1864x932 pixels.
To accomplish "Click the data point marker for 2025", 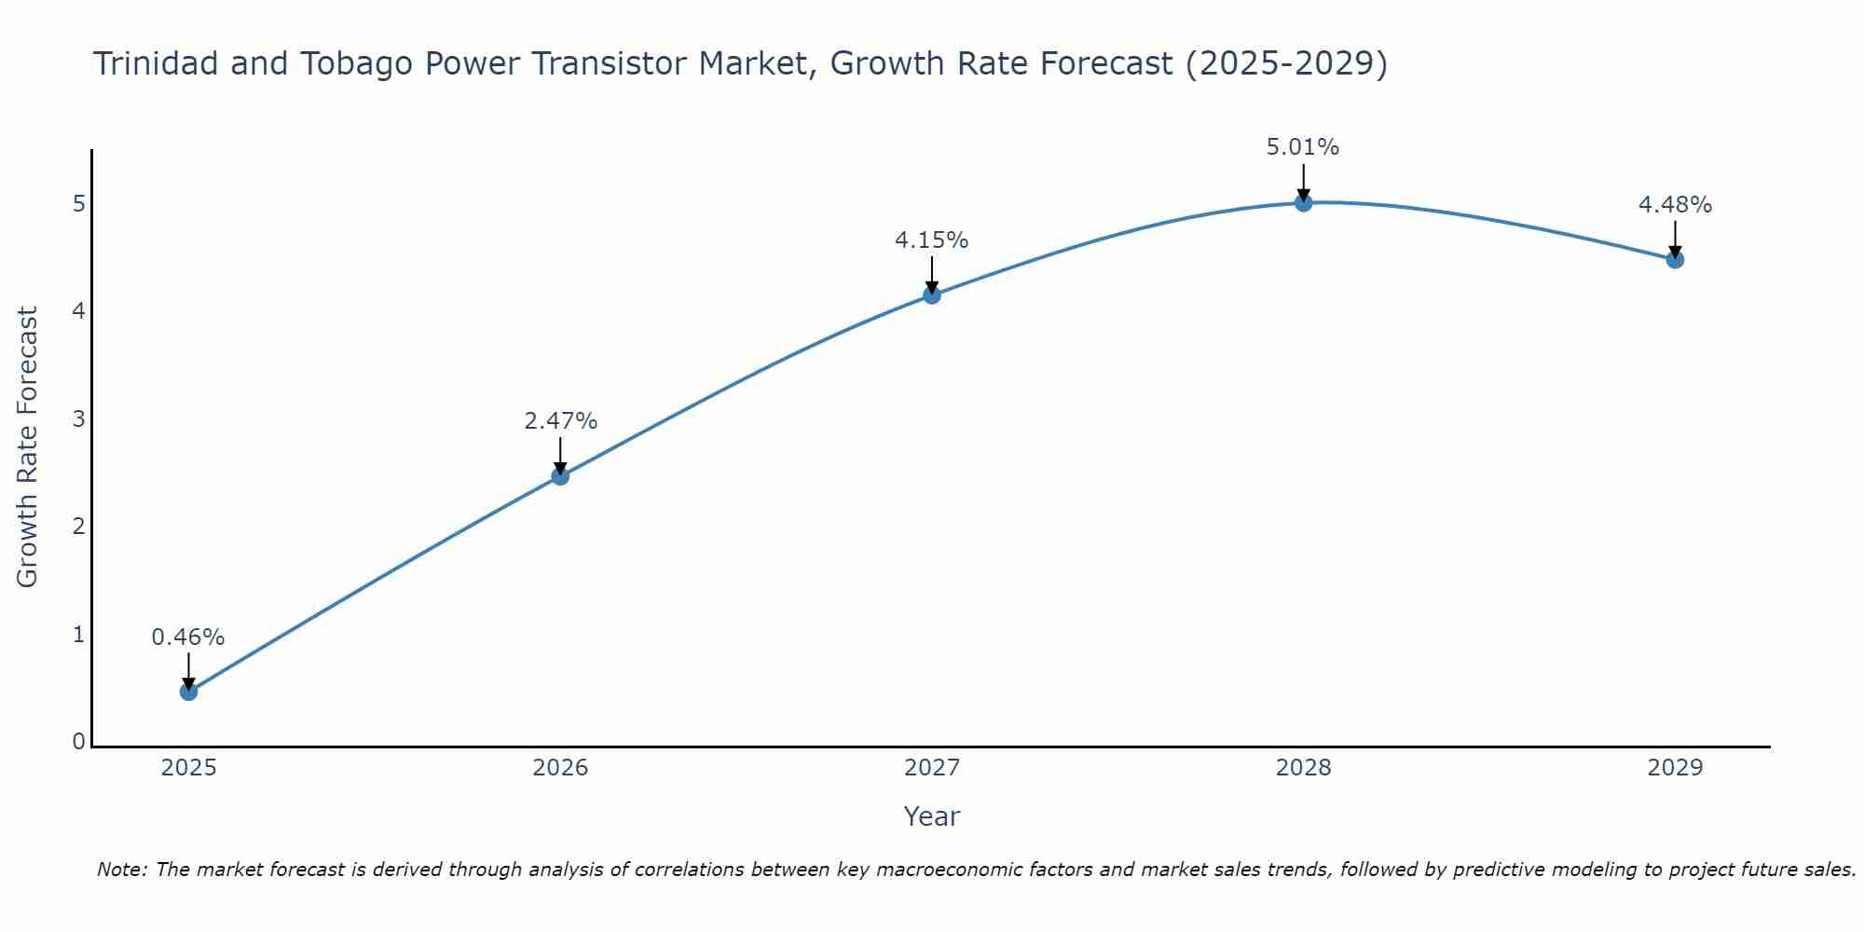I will [188, 692].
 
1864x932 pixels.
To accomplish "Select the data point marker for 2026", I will [560, 476].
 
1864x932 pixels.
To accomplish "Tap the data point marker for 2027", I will [932, 295].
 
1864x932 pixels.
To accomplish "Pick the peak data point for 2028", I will [1304, 202].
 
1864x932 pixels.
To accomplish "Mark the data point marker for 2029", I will [1675, 259].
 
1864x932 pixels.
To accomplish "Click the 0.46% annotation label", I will [188, 637].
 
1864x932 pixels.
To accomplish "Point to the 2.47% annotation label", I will [560, 421].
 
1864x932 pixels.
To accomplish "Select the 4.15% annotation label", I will [932, 240].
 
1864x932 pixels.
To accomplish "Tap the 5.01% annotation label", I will [1303, 147].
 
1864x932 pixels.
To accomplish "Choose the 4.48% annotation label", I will [1675, 205].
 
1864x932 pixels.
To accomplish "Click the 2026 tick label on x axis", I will [560, 768].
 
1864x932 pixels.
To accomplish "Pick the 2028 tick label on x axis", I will [1304, 768].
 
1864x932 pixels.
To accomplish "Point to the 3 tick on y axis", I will [78, 418].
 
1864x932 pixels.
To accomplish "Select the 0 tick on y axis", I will [78, 742].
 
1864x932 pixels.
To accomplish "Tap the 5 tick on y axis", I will [78, 203].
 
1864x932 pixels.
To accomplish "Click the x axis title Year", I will [932, 816].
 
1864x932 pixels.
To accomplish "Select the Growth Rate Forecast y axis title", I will [28, 447].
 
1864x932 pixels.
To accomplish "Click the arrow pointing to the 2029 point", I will [1675, 239].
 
